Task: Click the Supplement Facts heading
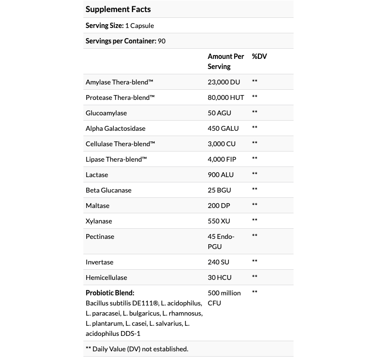118,9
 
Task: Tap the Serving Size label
104,26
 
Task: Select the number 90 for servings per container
161,41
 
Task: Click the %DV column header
259,56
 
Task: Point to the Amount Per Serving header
226,61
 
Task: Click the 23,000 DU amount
224,82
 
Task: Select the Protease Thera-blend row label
120,97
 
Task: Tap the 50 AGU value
219,113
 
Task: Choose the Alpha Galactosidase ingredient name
115,128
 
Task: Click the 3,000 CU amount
222,144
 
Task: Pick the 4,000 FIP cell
222,159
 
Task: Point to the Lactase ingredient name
97,175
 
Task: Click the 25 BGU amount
219,190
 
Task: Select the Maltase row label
97,206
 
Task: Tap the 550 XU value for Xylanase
218,221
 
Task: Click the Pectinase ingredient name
100,236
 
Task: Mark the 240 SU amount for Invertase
218,262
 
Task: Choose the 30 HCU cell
219,277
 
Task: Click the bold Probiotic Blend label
110,293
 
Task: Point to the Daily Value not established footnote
137,349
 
